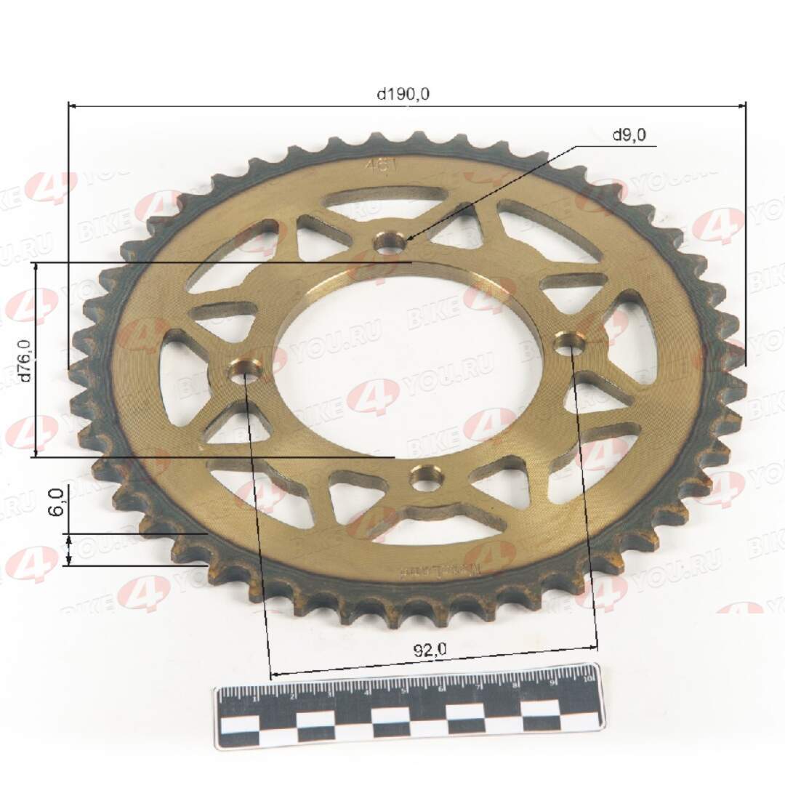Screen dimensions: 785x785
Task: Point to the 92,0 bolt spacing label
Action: coord(430,652)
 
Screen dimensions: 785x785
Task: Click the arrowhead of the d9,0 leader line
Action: coord(406,239)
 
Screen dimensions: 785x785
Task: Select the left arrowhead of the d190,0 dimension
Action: coord(71,106)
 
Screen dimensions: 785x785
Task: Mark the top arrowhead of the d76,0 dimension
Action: coord(36,266)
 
